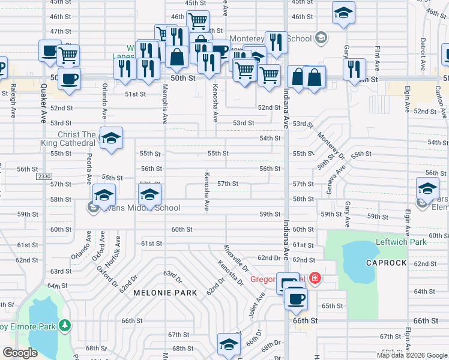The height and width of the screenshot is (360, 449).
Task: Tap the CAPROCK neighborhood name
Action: pyautogui.click(x=387, y=263)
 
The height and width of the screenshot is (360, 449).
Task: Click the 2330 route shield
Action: pyautogui.click(x=43, y=176)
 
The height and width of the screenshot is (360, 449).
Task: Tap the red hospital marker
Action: pyautogui.click(x=315, y=278)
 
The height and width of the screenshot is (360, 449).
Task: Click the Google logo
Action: pyautogui.click(x=20, y=353)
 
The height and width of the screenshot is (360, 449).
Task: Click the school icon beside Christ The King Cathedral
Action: pyautogui.click(x=111, y=139)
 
